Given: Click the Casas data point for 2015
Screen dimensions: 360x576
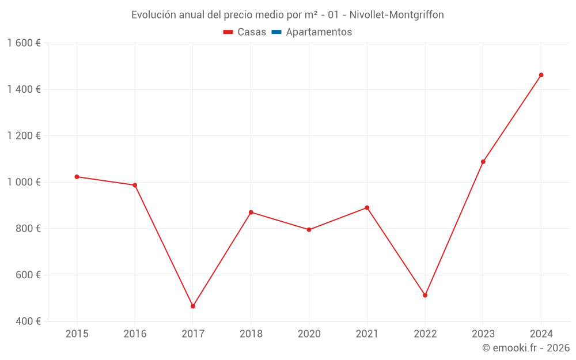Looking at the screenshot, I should pos(77,177).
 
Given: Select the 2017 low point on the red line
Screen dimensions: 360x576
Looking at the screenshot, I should pos(193,306).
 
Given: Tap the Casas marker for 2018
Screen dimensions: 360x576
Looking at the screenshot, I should pos(251,213).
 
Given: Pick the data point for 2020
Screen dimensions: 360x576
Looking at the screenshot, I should pos(309,230).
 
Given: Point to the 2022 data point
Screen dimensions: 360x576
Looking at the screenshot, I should pos(425,295).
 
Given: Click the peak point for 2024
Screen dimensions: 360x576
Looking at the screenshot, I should pos(541,75).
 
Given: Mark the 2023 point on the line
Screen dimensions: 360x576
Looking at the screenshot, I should pos(483,162).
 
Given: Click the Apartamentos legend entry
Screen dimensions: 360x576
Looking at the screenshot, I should pos(319,32).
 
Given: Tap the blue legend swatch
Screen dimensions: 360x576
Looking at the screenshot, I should pos(276,32).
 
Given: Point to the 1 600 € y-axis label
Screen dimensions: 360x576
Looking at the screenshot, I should pos(24,43).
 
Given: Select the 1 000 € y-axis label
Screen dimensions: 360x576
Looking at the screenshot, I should pos(24,182).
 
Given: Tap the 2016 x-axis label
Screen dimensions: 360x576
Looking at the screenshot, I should pos(135,334).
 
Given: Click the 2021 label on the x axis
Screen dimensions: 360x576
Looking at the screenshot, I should pos(367,334).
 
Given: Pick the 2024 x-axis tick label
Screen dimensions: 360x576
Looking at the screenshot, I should pos(541,334).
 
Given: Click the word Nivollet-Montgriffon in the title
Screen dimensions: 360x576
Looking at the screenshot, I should pos(397,15).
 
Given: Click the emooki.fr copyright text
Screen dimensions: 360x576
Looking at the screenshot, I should pos(526,348).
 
